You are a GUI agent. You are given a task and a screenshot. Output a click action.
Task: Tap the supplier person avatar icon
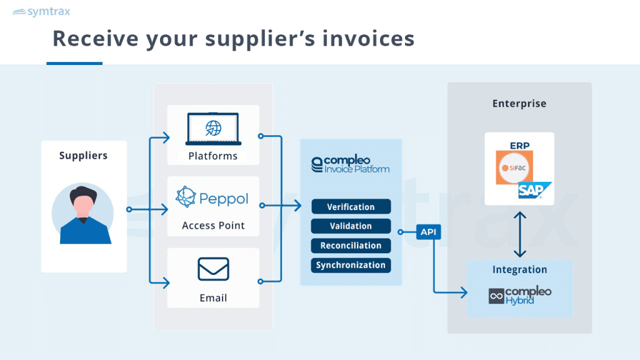click(83, 212)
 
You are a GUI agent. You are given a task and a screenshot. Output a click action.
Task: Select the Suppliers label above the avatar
click(83, 156)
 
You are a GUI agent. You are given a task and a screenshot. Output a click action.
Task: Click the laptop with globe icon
click(212, 128)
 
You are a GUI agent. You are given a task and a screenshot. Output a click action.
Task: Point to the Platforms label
click(213, 156)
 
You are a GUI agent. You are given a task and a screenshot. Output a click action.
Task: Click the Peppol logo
click(212, 198)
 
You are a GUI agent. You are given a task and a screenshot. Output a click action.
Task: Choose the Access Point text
click(213, 226)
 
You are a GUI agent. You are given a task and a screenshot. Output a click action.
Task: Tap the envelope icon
click(213, 269)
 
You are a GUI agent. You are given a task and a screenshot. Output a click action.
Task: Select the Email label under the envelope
click(213, 298)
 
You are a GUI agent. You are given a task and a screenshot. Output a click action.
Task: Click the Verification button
click(351, 207)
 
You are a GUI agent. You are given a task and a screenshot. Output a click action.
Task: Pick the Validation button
click(351, 226)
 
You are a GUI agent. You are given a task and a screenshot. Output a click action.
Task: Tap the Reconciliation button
click(351, 246)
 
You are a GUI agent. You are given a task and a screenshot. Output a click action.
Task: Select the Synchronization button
click(351, 265)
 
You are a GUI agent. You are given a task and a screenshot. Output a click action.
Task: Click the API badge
click(428, 232)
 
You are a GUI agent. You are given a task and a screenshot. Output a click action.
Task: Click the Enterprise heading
click(519, 104)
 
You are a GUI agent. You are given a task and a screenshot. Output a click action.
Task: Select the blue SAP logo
click(534, 191)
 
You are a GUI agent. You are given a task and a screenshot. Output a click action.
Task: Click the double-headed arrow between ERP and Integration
click(519, 234)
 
